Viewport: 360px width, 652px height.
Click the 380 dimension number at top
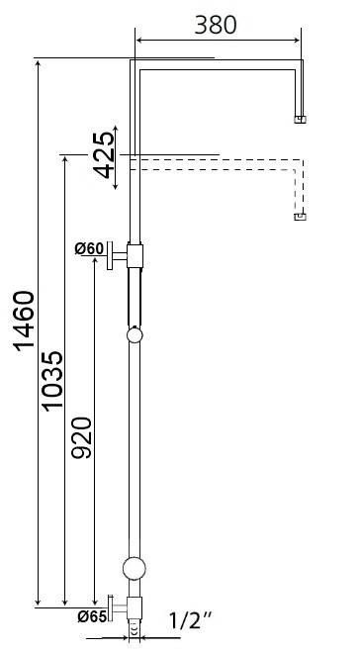[x=216, y=24]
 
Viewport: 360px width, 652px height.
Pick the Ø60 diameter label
[x=89, y=248]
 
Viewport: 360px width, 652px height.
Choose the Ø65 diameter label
[x=91, y=615]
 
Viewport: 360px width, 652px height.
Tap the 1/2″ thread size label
[x=191, y=621]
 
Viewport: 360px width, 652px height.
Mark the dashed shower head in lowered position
[x=301, y=217]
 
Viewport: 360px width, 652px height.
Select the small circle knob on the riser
[x=135, y=336]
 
